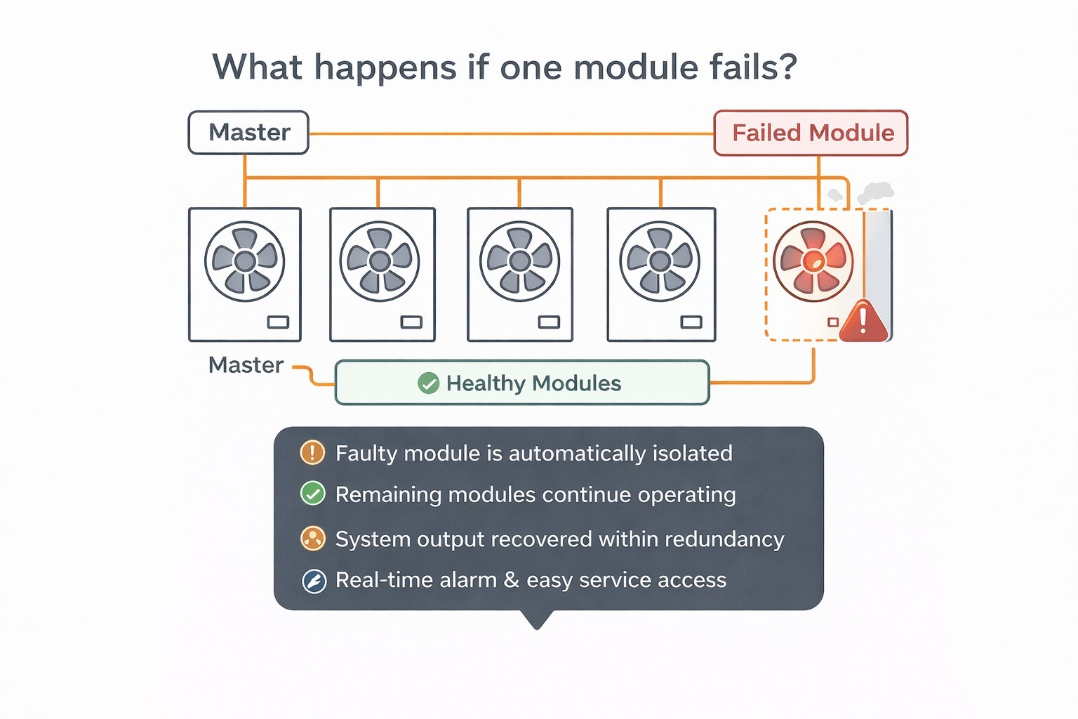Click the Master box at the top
[248, 133]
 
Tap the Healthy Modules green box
[522, 383]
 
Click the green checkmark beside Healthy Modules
[428, 383]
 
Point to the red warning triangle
[863, 322]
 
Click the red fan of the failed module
[813, 261]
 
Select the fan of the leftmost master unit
[245, 261]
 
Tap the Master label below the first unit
[246, 365]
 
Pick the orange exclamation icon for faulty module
[312, 453]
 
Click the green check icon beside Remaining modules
[312, 494]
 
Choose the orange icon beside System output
[312, 539]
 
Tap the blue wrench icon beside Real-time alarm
[314, 581]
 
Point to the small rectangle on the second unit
[411, 322]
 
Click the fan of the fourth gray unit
[660, 261]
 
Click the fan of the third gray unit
[519, 261]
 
